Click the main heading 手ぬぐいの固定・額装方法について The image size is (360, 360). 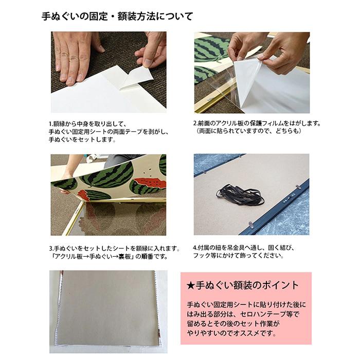[x=117, y=16]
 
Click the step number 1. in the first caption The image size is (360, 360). [x=51, y=124]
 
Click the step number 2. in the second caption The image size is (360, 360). [x=196, y=123]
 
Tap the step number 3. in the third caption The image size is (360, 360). [x=51, y=248]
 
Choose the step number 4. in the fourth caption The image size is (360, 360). [x=195, y=248]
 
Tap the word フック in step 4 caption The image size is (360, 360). [x=201, y=256]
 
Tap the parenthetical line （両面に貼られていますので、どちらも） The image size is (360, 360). [x=247, y=132]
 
